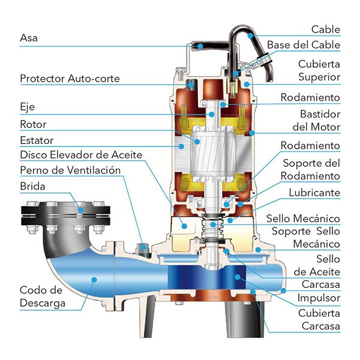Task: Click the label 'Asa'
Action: [28, 37]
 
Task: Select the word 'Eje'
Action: [27, 108]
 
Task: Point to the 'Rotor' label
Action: [33, 124]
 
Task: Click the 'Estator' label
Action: [37, 140]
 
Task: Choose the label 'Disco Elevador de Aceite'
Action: [81, 155]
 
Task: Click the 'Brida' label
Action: [32, 186]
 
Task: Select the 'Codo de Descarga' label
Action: [43, 296]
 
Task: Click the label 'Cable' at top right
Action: [326, 29]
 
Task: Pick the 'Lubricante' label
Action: [314, 193]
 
